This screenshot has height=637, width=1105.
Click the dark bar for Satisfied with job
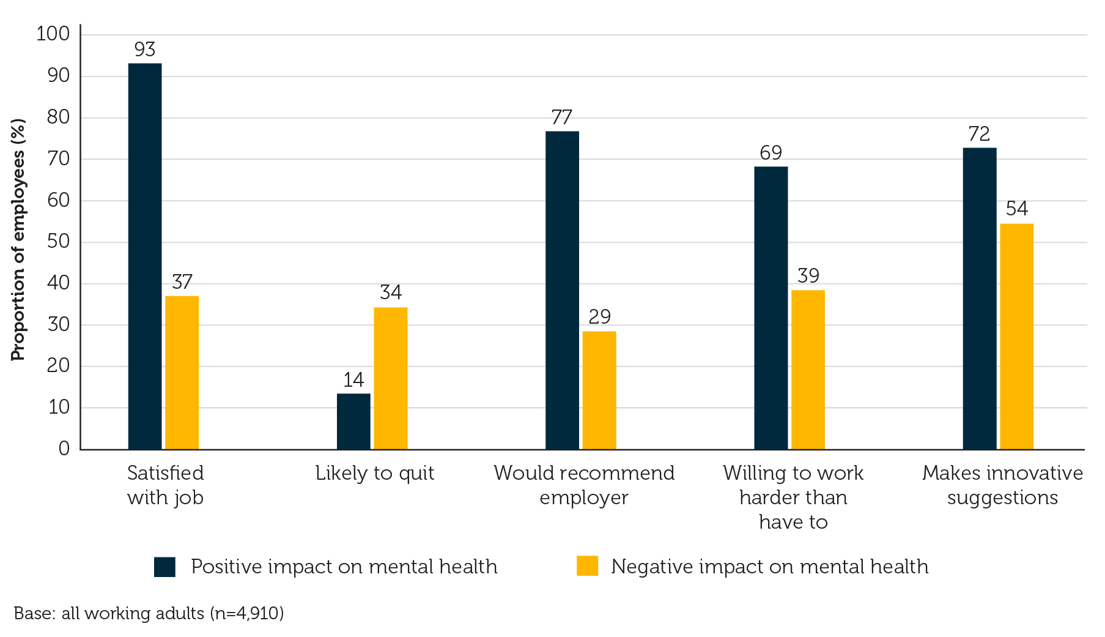coord(145,256)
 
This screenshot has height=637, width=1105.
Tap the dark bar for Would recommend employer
coord(562,290)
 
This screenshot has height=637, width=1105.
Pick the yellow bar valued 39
coord(808,370)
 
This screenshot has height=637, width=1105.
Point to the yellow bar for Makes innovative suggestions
coord(1016,337)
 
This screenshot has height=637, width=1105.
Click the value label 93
coord(145,50)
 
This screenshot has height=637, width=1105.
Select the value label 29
coord(599,317)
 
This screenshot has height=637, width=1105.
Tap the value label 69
coord(771,153)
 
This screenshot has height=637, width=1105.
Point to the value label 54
coord(1016,209)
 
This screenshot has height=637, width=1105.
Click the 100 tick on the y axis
coord(53,34)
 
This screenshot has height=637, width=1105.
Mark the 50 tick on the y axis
coord(59,242)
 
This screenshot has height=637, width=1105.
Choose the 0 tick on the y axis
coord(64,449)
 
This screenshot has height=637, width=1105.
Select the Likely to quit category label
coord(374,473)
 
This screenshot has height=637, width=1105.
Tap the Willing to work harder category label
coord(793,497)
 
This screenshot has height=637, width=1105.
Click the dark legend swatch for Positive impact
coord(164,567)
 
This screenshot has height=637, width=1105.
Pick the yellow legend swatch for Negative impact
coord(587,566)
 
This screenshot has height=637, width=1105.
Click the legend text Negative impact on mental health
coord(769,567)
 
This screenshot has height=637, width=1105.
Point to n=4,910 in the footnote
coord(246,613)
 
